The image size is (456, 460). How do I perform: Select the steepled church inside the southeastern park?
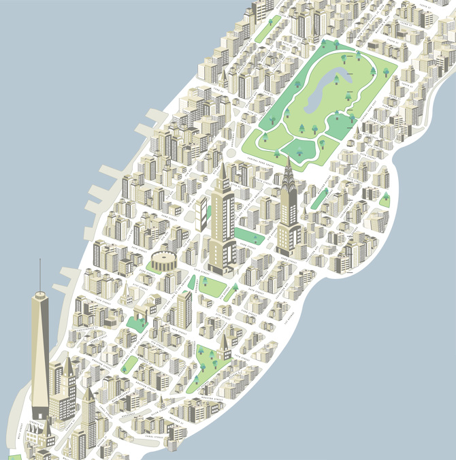[x=224, y=346]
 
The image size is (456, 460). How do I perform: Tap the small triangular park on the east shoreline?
[x=385, y=199]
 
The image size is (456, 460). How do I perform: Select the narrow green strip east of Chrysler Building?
[x=319, y=198]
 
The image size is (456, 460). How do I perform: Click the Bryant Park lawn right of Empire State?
[x=249, y=237]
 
